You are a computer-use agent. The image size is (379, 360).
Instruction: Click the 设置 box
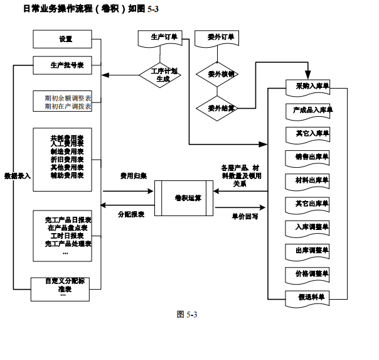coord(66,39)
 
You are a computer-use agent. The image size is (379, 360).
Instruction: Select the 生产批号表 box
coord(66,65)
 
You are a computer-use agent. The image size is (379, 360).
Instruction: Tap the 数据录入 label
coord(17,177)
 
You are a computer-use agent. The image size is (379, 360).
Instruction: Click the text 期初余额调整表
coord(68,99)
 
